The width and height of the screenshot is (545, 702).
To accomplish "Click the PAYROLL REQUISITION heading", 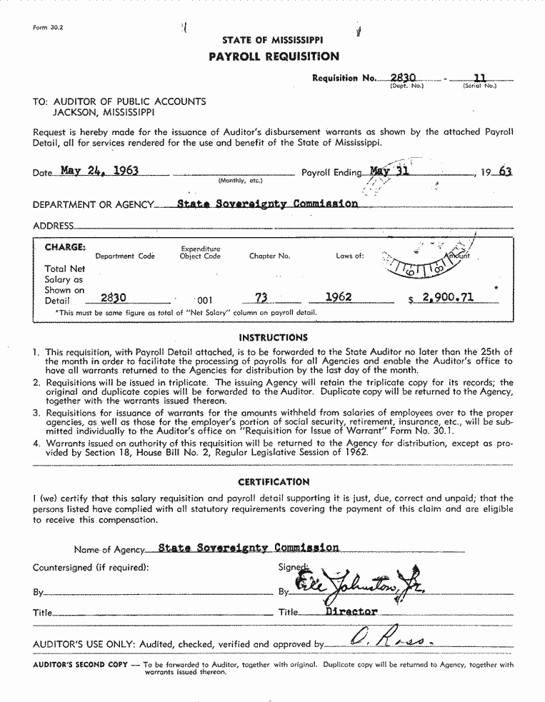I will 274,56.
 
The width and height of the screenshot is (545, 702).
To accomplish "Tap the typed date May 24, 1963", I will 99,171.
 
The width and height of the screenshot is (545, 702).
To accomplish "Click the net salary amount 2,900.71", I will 448,297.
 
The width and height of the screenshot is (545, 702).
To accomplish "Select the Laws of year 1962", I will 338,297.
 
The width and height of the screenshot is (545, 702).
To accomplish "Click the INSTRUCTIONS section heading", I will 273,337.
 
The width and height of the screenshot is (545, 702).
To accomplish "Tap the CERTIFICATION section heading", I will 274,482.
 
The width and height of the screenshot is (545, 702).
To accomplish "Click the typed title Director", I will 351,612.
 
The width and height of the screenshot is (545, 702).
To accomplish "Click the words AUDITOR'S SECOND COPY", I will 81,665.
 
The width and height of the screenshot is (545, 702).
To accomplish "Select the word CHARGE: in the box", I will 65,247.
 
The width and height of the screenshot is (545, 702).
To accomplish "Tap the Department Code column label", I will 125,256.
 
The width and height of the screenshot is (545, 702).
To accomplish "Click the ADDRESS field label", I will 53,226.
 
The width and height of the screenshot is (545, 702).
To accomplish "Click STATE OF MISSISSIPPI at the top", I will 272,41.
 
